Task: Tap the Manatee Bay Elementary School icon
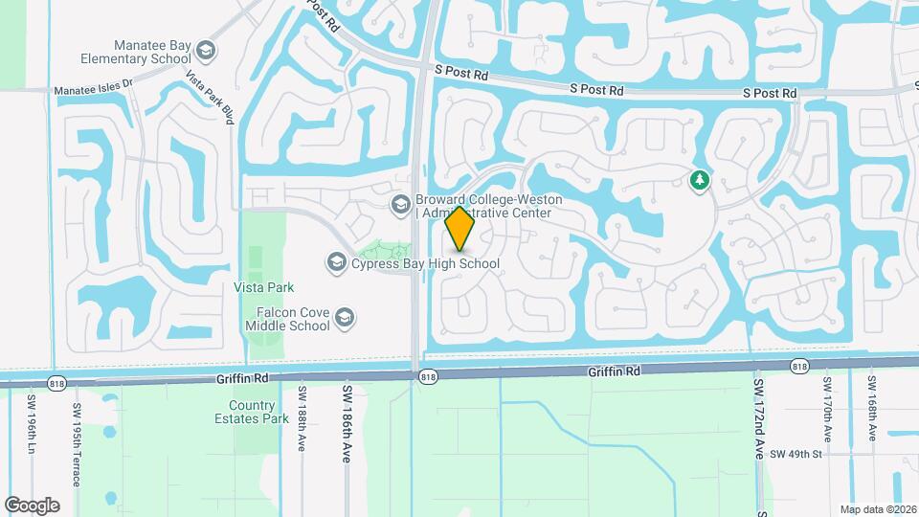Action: (205, 51)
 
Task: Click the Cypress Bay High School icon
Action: (336, 261)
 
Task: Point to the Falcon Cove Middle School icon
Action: (345, 318)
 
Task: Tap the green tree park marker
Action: (700, 179)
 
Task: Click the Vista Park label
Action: (263, 287)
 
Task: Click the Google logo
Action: (33, 506)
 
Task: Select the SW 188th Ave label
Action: (302, 419)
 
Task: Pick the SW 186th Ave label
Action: (347, 425)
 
